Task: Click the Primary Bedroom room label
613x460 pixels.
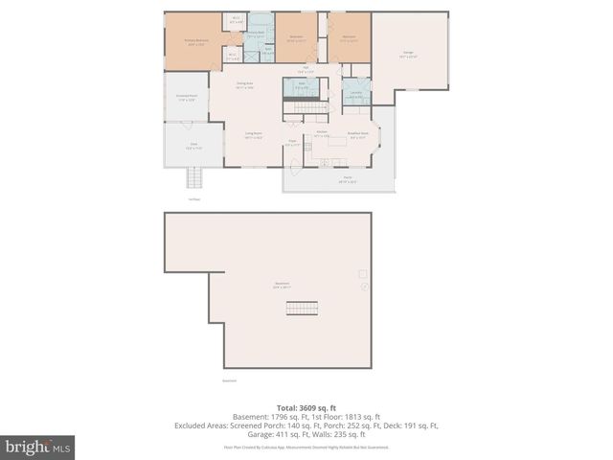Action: tap(195, 41)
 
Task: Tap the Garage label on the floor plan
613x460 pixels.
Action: tap(408, 54)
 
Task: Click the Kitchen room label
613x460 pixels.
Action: tap(322, 133)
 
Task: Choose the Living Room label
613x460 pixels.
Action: tap(253, 134)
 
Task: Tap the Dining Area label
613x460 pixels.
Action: tap(245, 85)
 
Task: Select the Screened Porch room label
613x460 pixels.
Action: tap(186, 97)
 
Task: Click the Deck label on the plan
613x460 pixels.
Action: tap(193, 146)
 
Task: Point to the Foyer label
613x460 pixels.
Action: tap(293, 143)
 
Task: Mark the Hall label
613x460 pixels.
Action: tap(306, 69)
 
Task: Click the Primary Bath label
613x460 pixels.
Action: tap(255, 33)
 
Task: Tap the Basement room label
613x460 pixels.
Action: tap(283, 285)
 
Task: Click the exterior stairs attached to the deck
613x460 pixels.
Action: tap(195, 179)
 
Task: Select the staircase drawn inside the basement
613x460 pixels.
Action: tap(363, 285)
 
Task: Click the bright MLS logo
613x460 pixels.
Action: tap(38, 447)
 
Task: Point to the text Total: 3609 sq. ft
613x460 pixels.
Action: tap(306, 407)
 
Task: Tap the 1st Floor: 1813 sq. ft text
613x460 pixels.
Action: tap(346, 416)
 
